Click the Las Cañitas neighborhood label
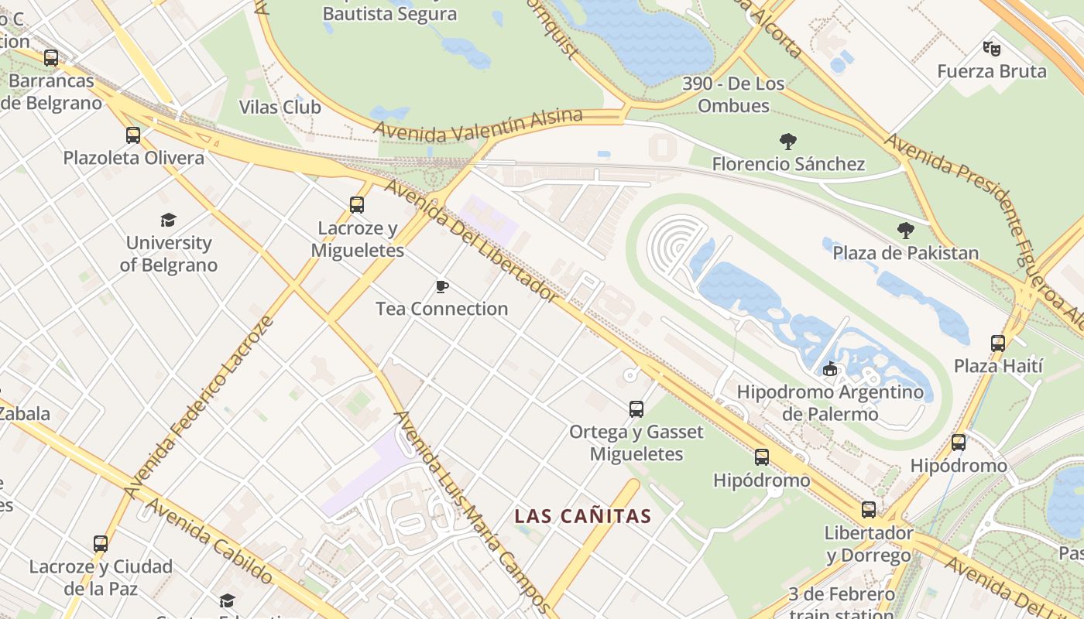point(583,516)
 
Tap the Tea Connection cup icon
point(442,287)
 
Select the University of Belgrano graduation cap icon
point(168,221)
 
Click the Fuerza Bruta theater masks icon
point(991,49)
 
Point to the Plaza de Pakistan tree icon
point(905,231)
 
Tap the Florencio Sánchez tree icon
point(788,142)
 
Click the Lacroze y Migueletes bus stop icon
point(357,205)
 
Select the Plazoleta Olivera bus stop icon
point(133,135)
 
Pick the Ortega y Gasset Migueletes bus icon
point(636,409)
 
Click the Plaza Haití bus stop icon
point(998,343)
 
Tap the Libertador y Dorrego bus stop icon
point(869,510)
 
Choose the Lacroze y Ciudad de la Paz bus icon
point(101,544)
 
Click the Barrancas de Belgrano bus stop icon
point(51,58)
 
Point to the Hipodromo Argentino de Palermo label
point(830,402)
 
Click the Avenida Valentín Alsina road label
point(477,126)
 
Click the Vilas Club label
point(280,107)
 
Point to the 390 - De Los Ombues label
point(733,94)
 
